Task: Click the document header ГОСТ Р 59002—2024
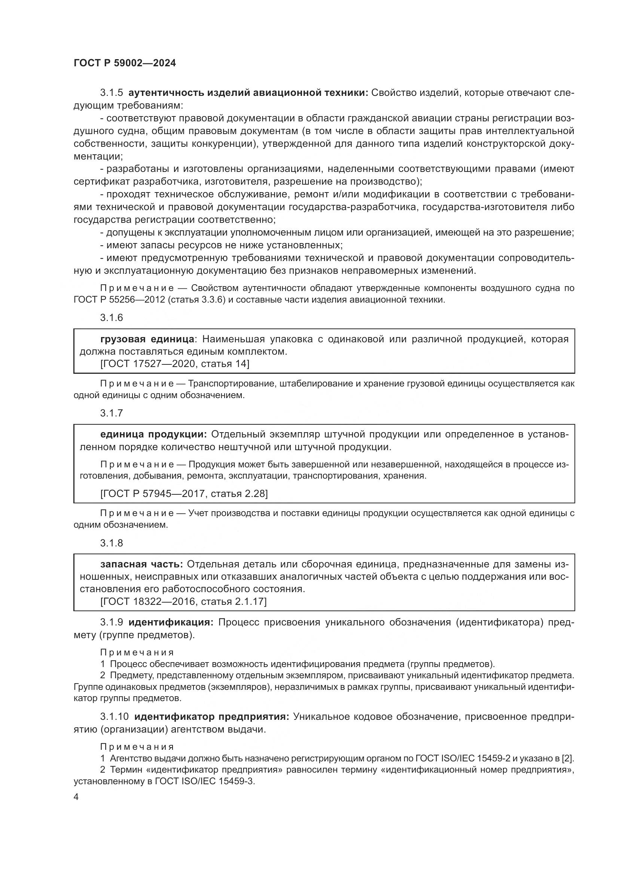tap(125, 63)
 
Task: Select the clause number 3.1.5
tap(112, 93)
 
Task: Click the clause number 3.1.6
tap(112, 318)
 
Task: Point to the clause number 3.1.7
tap(112, 413)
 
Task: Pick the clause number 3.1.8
tap(112, 543)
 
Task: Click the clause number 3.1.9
tap(112, 622)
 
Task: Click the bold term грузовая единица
tap(147, 339)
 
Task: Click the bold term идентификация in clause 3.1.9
tap(171, 622)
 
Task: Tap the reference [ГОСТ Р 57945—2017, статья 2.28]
tap(184, 494)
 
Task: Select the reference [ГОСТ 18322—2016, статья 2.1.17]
tap(183, 601)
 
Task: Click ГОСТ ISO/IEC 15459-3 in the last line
tap(205, 781)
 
